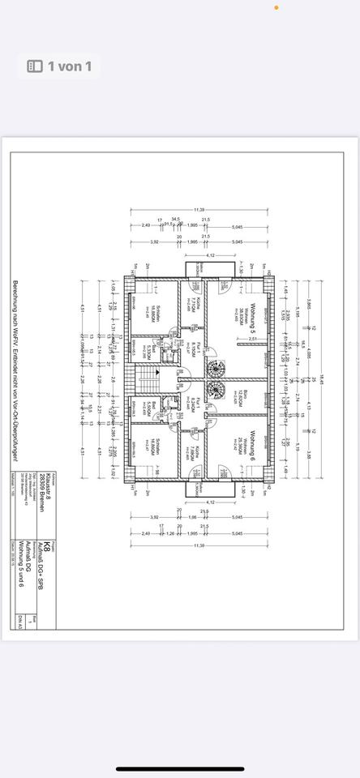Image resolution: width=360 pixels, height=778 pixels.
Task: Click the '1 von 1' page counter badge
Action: tap(59, 66)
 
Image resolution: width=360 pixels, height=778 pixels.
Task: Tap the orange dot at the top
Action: tap(276, 7)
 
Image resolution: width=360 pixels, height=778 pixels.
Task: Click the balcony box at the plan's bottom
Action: tap(198, 489)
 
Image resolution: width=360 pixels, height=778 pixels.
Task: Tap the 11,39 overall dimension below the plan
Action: tap(199, 547)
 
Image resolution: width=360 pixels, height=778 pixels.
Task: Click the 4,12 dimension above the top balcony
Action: tap(209, 256)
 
